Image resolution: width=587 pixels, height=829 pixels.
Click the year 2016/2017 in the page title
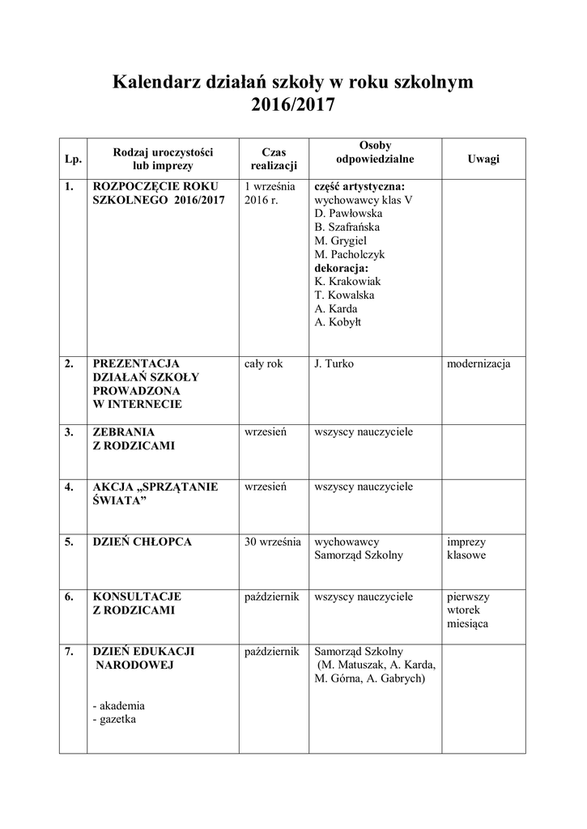[x=292, y=106]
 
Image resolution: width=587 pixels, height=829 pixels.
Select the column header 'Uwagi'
[x=483, y=159]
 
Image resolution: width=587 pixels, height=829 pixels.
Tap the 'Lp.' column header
[x=73, y=159]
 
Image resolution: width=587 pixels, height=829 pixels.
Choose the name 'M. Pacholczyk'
[x=350, y=254]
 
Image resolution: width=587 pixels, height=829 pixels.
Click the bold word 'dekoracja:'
[x=341, y=268]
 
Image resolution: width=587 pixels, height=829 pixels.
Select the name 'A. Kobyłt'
[x=338, y=322]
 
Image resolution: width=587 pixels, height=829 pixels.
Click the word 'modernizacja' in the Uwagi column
[x=479, y=363]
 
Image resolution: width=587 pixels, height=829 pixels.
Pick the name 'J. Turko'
[x=334, y=363]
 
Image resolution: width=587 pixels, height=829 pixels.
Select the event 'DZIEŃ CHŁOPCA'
[x=142, y=542]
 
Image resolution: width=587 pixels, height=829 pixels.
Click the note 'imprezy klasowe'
[x=466, y=549]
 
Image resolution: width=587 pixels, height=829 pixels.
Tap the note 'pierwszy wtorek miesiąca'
[x=468, y=610]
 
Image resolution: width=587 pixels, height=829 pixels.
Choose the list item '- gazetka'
[x=115, y=719]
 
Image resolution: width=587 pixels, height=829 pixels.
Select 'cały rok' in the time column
[x=264, y=363]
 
